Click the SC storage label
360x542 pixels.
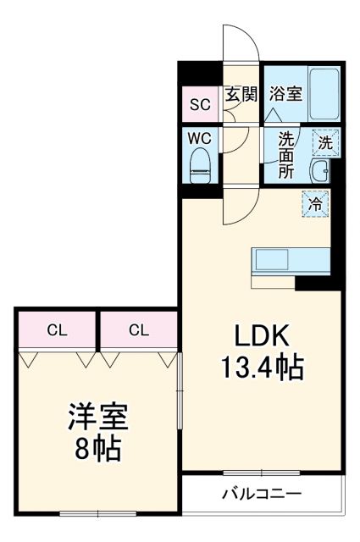point(199,105)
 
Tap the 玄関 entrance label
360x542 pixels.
point(241,95)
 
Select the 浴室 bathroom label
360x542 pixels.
point(285,93)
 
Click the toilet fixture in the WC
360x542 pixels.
point(200,163)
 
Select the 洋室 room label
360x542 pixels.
point(97,418)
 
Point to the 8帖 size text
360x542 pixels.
point(97,448)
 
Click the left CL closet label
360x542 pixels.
point(58,330)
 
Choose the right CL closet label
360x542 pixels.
point(140,330)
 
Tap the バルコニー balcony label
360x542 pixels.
point(262,493)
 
